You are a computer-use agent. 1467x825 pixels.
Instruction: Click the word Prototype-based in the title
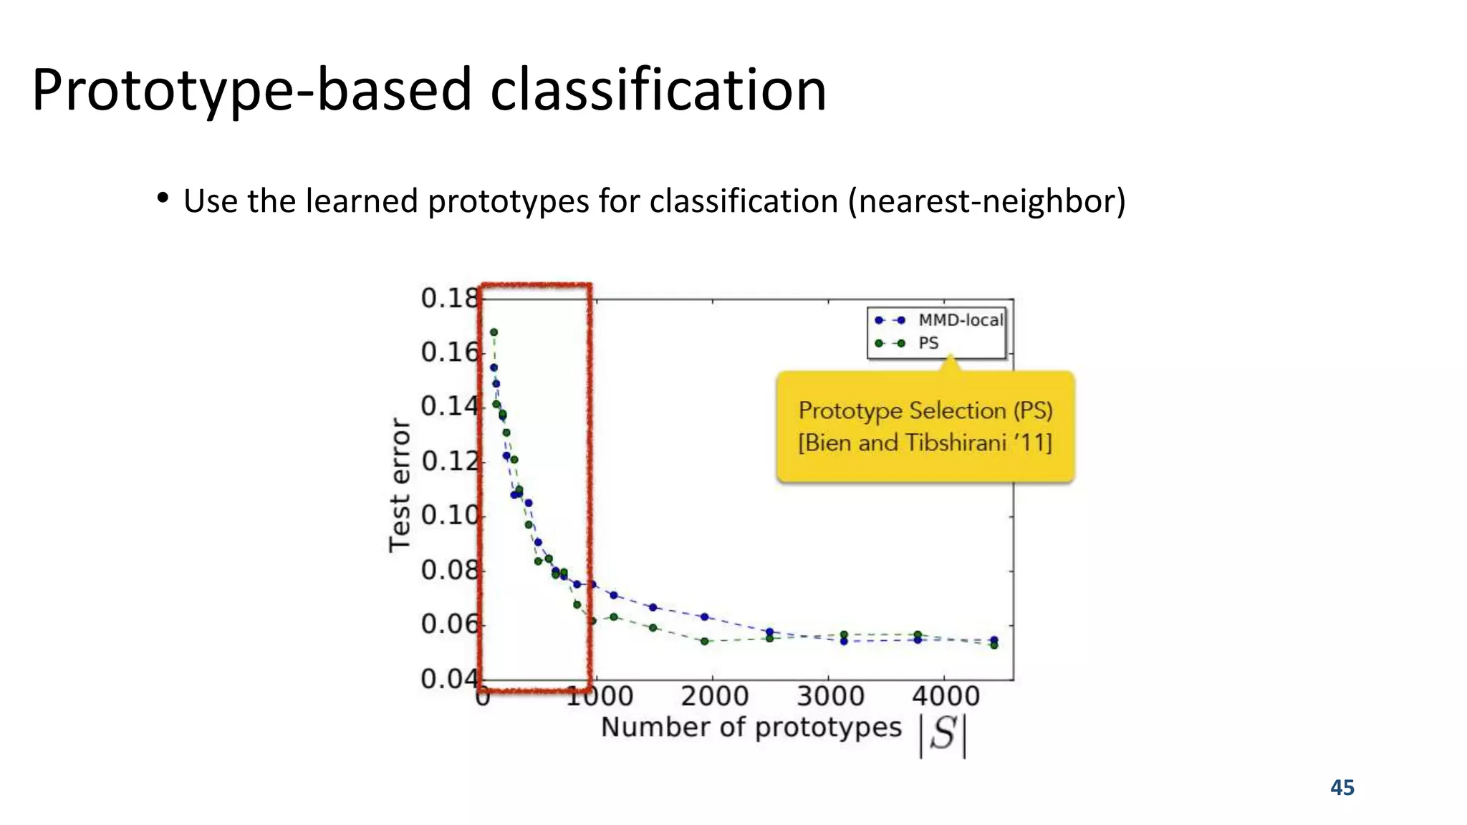(251, 90)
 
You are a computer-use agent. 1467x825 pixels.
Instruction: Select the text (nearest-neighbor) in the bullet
(987, 201)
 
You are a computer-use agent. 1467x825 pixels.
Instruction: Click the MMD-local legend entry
(960, 320)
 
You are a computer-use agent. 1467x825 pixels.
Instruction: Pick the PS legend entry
(928, 343)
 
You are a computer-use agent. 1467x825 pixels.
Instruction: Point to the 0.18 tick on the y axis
(448, 298)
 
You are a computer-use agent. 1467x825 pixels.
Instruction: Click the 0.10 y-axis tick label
(448, 515)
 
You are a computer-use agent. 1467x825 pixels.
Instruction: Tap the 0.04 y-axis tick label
(448, 678)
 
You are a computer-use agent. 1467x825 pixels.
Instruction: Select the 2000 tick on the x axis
(714, 696)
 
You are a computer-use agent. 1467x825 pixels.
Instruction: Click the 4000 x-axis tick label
(946, 696)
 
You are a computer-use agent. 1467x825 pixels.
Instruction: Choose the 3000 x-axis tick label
(830, 696)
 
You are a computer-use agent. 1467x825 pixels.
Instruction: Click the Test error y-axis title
(400, 486)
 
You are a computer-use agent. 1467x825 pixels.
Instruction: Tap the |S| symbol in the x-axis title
(943, 735)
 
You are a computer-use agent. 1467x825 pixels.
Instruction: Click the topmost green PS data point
(494, 332)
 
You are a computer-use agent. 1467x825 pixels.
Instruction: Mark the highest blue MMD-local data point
(494, 367)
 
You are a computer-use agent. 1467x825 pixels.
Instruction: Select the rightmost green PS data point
(994, 645)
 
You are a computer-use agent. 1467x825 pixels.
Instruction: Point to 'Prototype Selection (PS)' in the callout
(925, 410)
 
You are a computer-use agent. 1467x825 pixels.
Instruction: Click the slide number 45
(1342, 788)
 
